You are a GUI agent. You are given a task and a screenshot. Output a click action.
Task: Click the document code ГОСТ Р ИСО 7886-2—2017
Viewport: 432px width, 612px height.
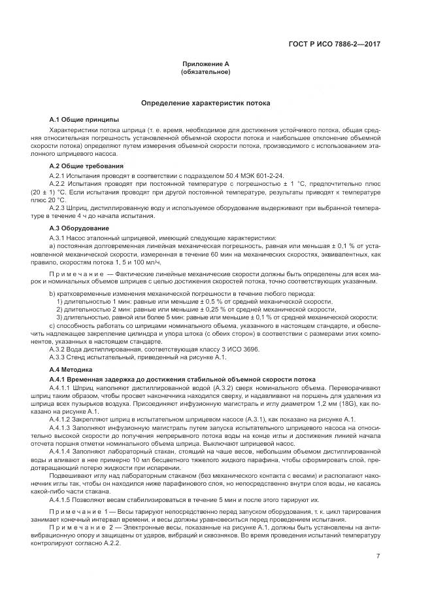pos(335,44)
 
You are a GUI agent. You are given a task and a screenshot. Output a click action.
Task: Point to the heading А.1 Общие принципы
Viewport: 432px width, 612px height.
pos(84,120)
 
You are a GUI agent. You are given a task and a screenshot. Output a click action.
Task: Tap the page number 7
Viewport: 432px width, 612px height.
pos(378,538)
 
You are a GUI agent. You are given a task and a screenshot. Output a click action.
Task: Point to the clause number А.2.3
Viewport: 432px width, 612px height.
pos(60,207)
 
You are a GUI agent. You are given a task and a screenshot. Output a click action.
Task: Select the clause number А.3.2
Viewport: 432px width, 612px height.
pos(60,349)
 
